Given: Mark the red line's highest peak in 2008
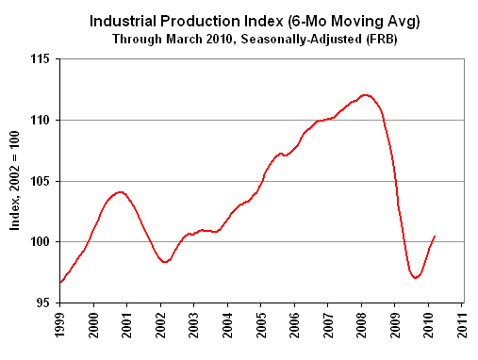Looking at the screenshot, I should tap(367, 95).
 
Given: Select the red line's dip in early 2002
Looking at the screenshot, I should tap(165, 262).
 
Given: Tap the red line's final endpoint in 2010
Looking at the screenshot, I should tap(434, 236).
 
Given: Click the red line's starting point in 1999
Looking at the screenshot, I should tap(60, 282).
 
